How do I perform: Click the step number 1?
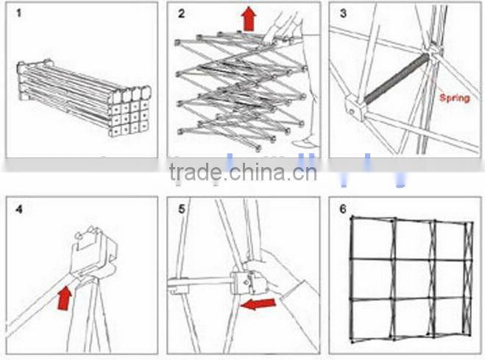(x=19, y=13)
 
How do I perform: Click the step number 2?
(x=181, y=13)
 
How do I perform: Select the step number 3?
(x=343, y=13)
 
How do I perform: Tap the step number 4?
(x=19, y=209)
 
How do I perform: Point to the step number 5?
(x=181, y=209)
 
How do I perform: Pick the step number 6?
(x=343, y=209)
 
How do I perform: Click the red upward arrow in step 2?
(x=249, y=19)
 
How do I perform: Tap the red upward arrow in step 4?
(x=65, y=298)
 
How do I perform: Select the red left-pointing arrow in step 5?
(x=258, y=304)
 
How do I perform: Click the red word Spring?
(x=454, y=98)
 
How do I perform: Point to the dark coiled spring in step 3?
(x=397, y=79)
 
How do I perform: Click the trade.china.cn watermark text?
(x=243, y=172)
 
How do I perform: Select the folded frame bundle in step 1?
(x=84, y=98)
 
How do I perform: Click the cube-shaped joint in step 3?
(x=355, y=107)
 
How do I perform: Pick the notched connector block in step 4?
(x=93, y=253)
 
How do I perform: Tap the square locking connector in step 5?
(x=247, y=283)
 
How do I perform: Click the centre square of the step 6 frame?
(x=412, y=279)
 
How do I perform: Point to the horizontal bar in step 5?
(x=200, y=283)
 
